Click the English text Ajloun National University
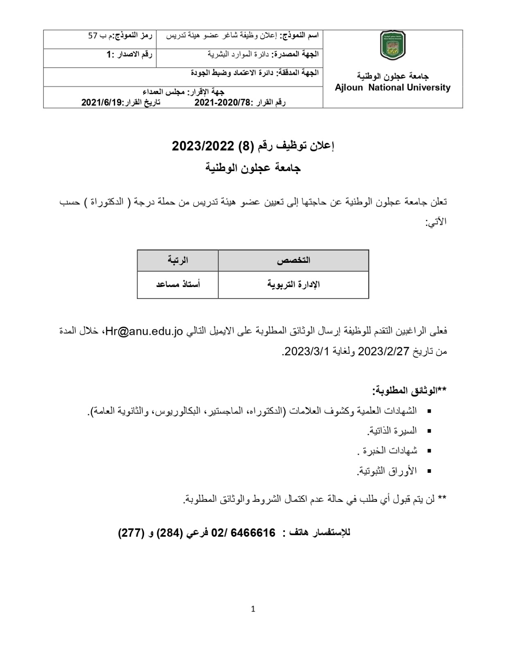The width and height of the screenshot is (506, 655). click(x=392, y=88)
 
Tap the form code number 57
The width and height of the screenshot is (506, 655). click(x=93, y=36)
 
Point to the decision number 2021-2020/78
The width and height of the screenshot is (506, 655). click(x=222, y=102)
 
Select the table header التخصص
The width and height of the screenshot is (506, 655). click(x=294, y=260)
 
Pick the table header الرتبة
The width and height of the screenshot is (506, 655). click(x=178, y=260)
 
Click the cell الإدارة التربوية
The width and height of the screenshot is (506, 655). click(x=294, y=285)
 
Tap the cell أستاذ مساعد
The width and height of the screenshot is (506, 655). click(x=178, y=285)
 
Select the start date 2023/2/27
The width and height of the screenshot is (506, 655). click(x=384, y=351)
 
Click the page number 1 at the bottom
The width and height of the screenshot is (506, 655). click(x=253, y=609)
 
